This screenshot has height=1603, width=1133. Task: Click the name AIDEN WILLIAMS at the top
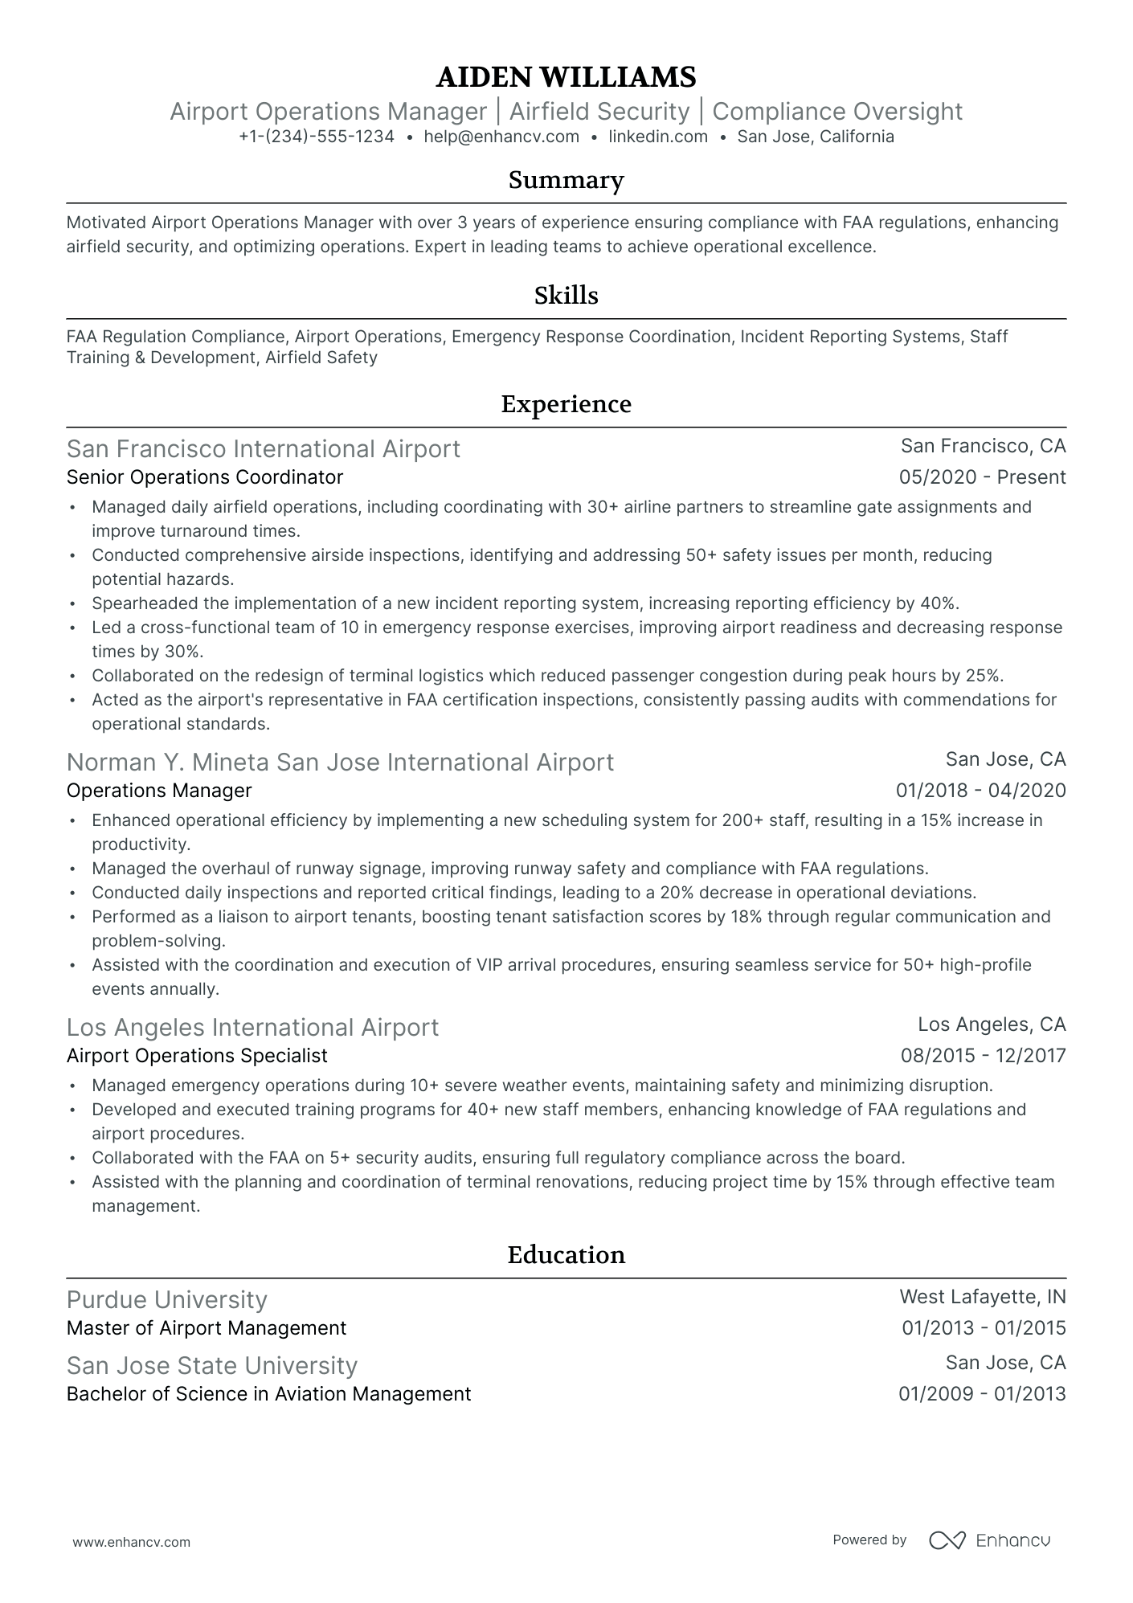pos(566,77)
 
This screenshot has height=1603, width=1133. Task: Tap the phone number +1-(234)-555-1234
pos(317,137)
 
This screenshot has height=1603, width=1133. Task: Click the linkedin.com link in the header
pos(657,137)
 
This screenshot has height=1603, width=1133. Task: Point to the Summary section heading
pos(566,180)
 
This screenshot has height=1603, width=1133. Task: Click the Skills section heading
pos(566,296)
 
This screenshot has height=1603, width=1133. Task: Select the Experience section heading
pos(566,404)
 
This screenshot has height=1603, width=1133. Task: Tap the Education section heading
pos(566,1255)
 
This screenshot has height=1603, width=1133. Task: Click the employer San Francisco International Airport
pos(263,448)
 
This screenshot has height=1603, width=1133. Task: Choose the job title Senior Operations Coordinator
pos(205,477)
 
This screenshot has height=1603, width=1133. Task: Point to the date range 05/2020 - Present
pos(982,477)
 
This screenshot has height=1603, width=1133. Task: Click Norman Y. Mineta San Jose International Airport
pos(340,762)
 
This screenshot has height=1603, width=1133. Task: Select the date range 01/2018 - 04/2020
pos(980,791)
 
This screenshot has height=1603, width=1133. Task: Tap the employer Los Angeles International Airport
pos(252,1027)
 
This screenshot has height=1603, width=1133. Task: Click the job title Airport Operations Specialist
pos(197,1056)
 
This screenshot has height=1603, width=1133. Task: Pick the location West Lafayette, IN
pos(982,1297)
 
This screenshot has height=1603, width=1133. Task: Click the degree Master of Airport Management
pos(207,1328)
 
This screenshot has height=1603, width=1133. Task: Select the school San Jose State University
pos(211,1365)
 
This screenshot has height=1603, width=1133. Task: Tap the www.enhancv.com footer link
pos(132,1542)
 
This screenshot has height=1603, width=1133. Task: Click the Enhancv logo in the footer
pos(989,1540)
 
